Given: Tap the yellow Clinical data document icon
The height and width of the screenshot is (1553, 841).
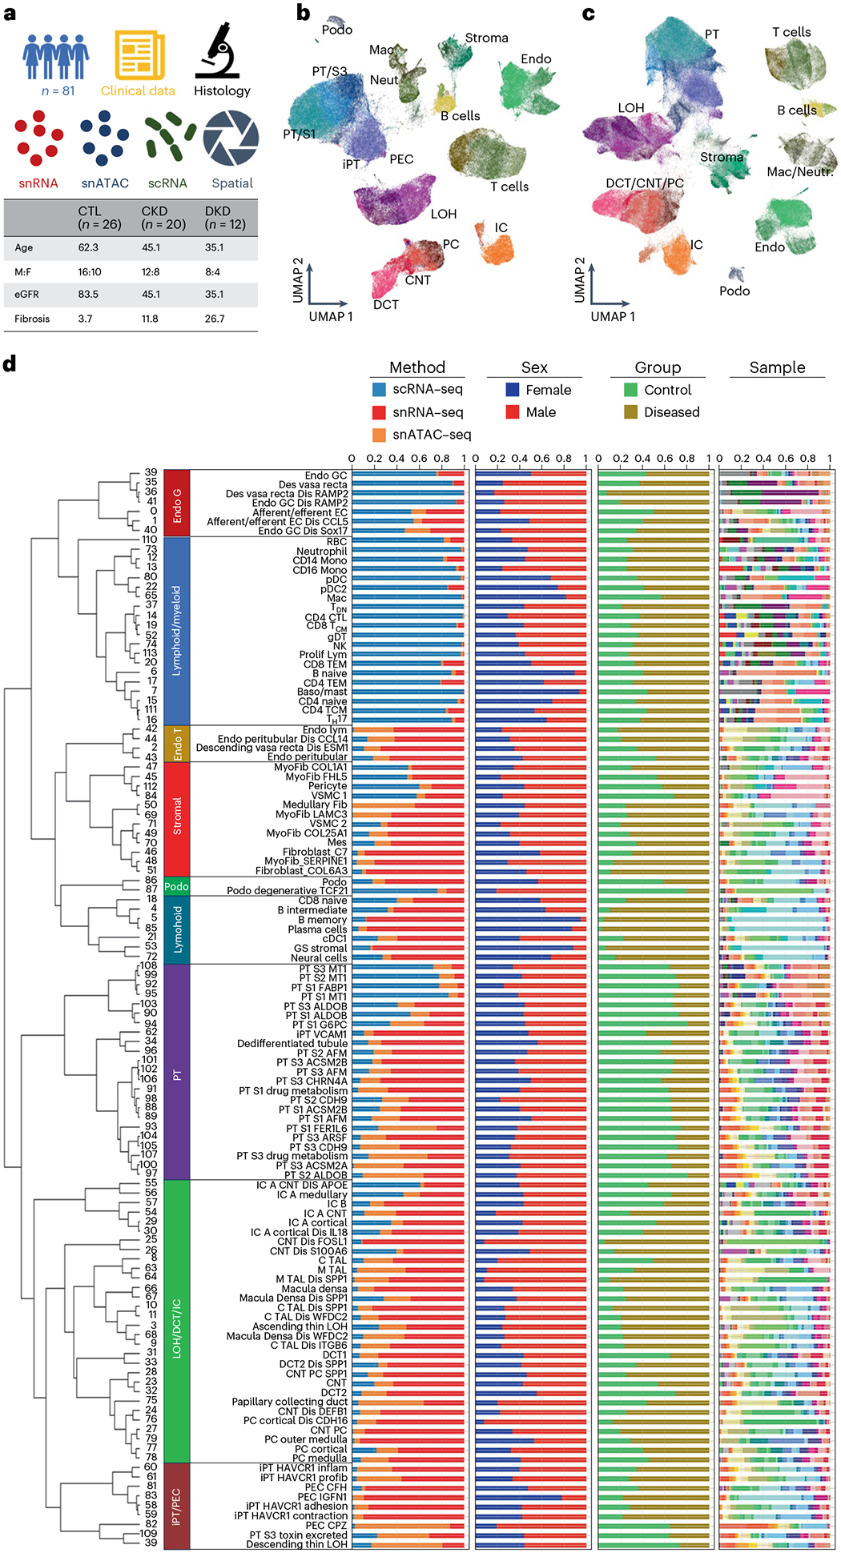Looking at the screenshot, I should pos(139,55).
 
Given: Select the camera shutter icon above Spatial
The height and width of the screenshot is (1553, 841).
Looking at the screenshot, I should pos(231,139).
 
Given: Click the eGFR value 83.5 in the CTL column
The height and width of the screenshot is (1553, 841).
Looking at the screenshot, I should pos(89,295).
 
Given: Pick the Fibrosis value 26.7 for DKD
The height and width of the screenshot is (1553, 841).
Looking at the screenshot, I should pos(215,319).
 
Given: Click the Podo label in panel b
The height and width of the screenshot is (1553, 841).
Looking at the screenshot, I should pos(337,30).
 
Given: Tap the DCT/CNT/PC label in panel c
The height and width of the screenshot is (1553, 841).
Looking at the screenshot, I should pos(645,183).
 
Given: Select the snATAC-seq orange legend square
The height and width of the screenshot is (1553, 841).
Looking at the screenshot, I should pos(379,435).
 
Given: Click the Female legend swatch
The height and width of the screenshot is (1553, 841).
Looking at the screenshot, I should pos(513,390).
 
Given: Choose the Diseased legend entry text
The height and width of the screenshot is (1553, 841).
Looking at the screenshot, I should pos(671,412).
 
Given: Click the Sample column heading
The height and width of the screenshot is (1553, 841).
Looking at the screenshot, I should pos(777,367).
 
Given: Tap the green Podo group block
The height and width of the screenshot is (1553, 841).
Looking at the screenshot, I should pos(177,886).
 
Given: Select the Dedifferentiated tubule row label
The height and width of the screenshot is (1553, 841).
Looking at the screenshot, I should pos(292,1044).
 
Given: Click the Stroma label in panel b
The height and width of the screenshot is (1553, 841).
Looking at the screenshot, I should pos(486,38).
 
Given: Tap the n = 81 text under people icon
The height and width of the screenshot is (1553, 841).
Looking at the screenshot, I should pos(58,91).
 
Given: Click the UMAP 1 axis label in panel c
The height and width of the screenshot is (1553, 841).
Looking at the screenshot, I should pos(613,317).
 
